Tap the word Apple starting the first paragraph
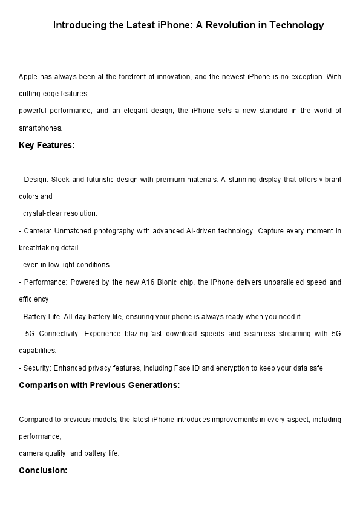pos(28,77)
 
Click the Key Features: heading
pos(47,145)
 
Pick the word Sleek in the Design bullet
pos(62,180)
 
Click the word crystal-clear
pos(44,213)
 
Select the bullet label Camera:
pos(37,231)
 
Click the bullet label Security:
pos(38,368)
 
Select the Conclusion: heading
pos(43,470)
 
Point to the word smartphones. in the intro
pos(41,128)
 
